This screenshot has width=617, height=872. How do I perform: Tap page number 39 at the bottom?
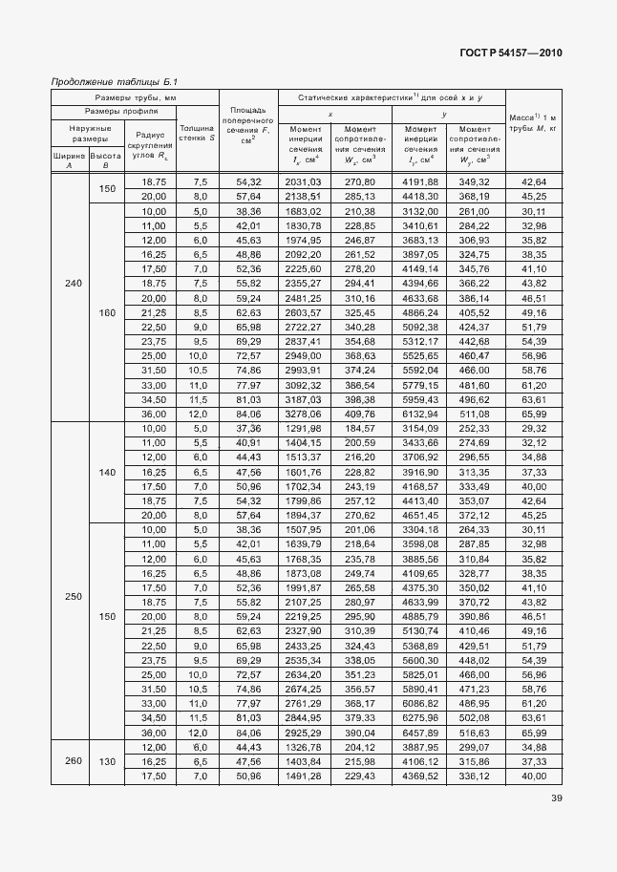click(x=555, y=800)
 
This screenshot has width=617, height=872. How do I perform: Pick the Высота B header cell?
click(x=106, y=160)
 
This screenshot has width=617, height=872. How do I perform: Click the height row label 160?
click(x=106, y=311)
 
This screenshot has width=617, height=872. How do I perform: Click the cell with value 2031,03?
click(x=302, y=181)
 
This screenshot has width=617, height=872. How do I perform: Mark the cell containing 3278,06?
click(x=302, y=414)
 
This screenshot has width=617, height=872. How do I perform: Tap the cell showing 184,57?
click(x=362, y=430)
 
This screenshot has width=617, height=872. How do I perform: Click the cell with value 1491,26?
click(x=302, y=776)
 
